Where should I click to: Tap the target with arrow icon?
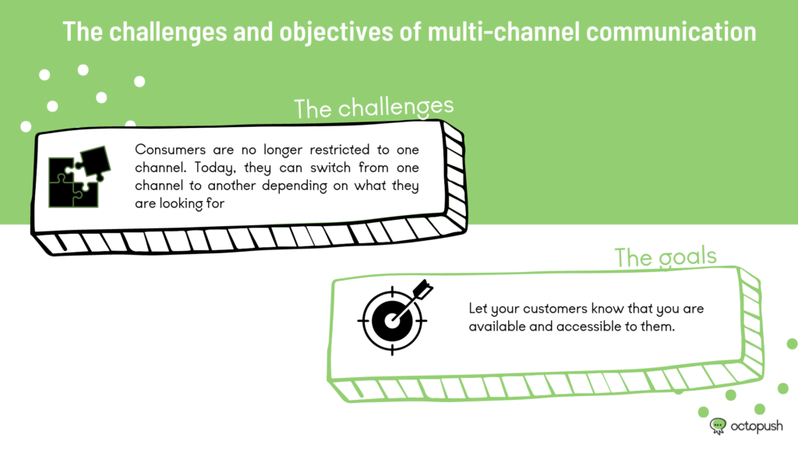click(x=395, y=316)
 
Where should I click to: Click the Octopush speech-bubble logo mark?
click(x=718, y=426)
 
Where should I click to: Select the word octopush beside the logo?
click(x=756, y=426)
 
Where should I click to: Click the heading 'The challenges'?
click(x=373, y=108)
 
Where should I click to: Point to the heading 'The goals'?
click(x=666, y=256)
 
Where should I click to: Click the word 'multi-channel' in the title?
click(x=503, y=31)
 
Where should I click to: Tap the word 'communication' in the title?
click(x=671, y=31)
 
